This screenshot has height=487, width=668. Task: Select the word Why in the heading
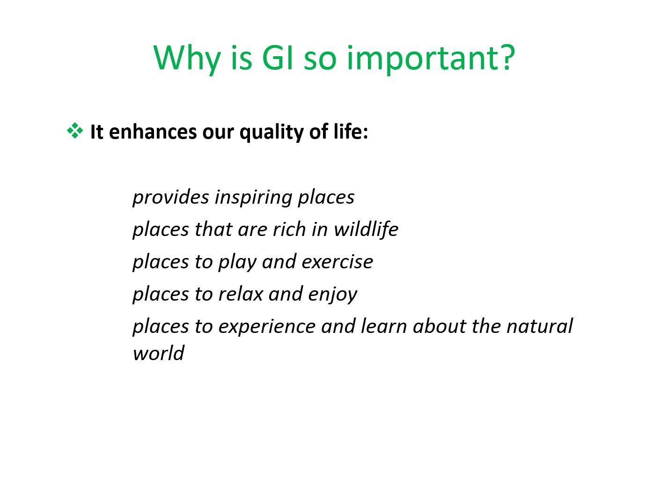coord(187,59)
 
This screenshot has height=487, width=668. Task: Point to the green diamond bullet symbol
coord(74,131)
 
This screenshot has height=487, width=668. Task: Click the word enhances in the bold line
coord(153,132)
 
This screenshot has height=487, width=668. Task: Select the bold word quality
coord(272,133)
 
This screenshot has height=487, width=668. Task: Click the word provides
coord(171,198)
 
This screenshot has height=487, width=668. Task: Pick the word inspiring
coord(253,198)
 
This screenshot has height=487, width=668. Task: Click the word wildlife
coord(366,229)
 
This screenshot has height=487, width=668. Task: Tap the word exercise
coord(338,262)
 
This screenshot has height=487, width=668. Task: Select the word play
coord(237,262)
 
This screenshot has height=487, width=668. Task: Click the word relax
coord(240,294)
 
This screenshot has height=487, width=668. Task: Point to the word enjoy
coord(332,295)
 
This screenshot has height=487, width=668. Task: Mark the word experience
coord(267,327)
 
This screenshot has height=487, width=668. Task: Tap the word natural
coord(540,326)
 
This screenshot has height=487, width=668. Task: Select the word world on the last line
coord(158,353)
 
